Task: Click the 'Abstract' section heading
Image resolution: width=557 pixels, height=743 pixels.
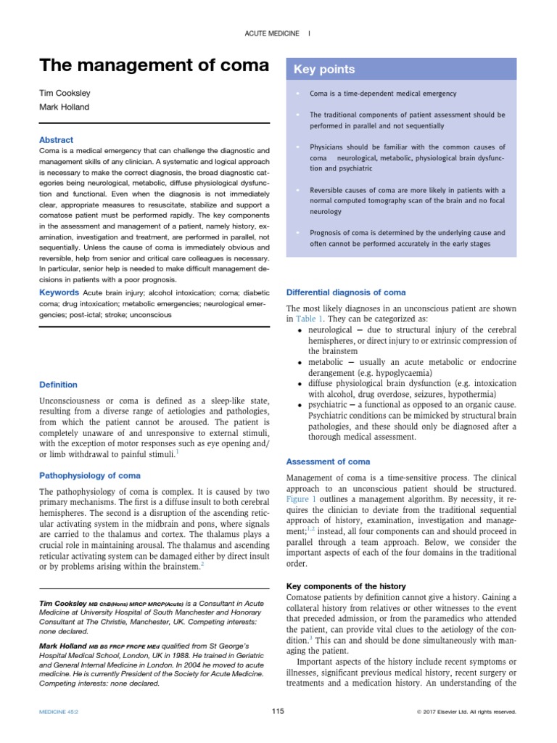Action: click(x=56, y=139)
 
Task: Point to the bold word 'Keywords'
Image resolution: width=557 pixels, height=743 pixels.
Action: click(x=59, y=292)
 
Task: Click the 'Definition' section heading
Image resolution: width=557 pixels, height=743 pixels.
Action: click(x=58, y=385)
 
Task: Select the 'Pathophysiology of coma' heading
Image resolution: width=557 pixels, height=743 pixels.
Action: click(x=89, y=476)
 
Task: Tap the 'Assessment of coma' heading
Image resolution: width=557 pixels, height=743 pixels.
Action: click(x=329, y=461)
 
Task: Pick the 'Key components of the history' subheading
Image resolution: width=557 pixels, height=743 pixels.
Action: click(x=347, y=586)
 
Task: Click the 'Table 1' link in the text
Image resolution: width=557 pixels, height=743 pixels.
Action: click(x=309, y=319)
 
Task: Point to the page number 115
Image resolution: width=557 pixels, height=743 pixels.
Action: click(x=278, y=712)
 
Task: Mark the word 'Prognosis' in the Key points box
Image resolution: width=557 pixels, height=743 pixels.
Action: click(x=327, y=233)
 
